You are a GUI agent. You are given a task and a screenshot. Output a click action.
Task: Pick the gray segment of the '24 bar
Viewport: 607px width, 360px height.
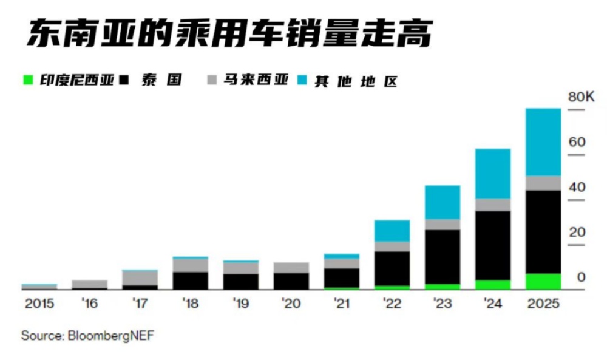point(492,205)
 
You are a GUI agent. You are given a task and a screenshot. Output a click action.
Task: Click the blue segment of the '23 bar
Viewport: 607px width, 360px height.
point(442,202)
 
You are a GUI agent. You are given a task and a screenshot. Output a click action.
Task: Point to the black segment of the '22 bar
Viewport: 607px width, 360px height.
point(392,268)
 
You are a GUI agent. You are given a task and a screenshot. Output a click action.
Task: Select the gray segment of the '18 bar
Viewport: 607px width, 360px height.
point(190,265)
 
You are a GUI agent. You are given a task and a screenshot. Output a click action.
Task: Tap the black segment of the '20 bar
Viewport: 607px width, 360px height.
point(291,281)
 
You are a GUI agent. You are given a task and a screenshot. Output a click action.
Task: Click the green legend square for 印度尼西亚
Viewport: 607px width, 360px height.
point(27,80)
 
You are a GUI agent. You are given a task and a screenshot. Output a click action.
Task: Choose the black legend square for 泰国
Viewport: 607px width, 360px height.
point(125,80)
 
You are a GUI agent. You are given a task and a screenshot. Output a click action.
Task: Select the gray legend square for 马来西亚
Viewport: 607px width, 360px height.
point(212,80)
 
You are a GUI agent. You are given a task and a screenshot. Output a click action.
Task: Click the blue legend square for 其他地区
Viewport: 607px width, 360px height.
point(303,80)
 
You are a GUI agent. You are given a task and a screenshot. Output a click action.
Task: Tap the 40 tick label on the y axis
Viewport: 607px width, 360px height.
point(577,187)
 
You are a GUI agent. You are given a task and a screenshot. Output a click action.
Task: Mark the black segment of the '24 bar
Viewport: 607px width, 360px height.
point(492,245)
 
